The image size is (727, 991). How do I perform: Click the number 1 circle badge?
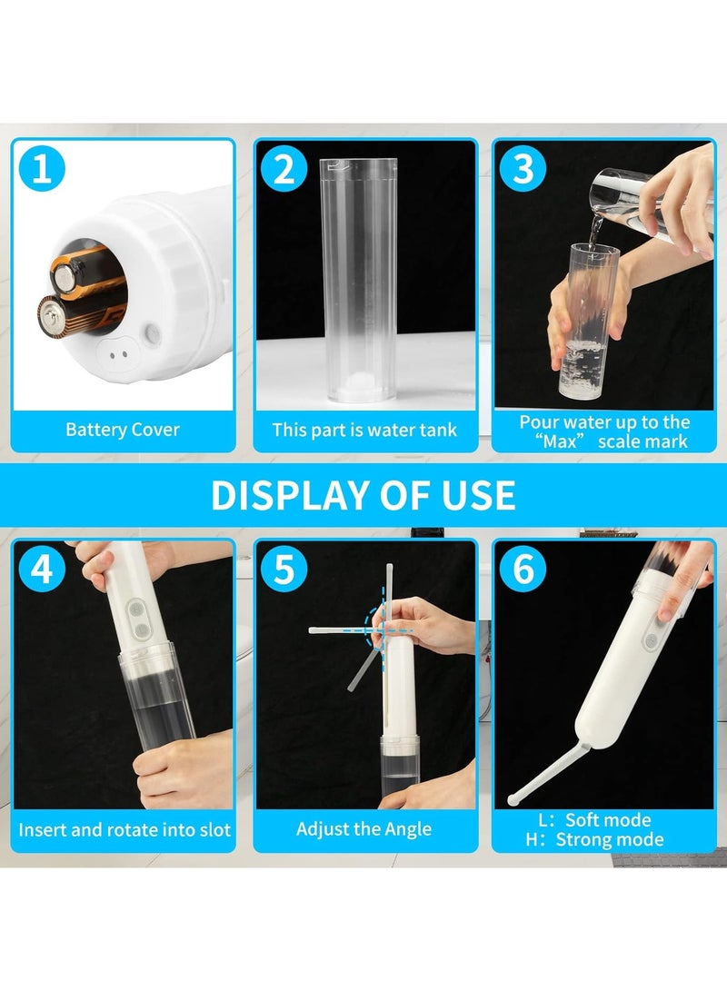[x=42, y=170]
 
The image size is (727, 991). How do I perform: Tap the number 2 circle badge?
[x=284, y=170]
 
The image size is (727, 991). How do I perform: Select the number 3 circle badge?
[x=523, y=170]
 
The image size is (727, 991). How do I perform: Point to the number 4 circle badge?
[x=42, y=570]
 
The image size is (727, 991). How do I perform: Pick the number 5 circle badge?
[x=284, y=570]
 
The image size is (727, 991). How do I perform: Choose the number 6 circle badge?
[x=523, y=570]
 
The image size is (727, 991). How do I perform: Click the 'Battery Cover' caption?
[x=123, y=430]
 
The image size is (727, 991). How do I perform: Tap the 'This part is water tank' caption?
[x=364, y=430]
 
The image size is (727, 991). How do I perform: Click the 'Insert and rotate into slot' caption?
[x=124, y=829]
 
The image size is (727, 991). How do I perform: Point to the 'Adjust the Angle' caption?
[x=364, y=829]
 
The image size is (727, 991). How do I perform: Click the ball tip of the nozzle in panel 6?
[x=515, y=800]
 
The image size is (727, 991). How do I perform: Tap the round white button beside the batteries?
[x=152, y=334]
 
